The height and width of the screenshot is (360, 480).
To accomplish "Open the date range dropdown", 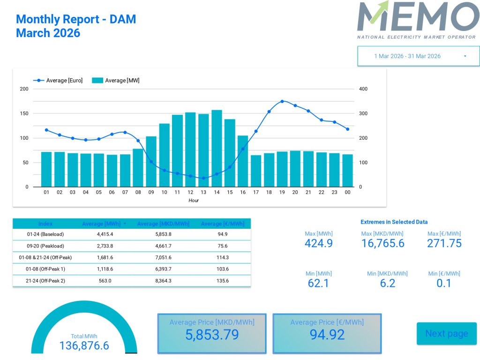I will tap(418, 56).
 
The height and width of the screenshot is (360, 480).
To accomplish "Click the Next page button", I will tap(446, 334).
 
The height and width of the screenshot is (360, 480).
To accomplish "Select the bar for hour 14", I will tap(217, 149).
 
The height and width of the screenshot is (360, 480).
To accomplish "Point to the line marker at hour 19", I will tap(282, 101).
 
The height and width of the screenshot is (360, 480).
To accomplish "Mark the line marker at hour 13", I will tap(203, 178).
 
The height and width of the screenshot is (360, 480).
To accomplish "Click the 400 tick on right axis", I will tap(363, 89).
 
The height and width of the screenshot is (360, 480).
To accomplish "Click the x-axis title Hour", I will tap(194, 201).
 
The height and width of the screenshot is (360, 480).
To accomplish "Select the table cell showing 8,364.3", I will tap(163, 281).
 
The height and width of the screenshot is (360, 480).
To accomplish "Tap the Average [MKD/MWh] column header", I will tap(163, 224).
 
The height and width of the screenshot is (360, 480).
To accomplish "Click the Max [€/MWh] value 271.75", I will tap(444, 243).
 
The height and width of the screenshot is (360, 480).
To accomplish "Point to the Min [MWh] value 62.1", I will tap(318, 283).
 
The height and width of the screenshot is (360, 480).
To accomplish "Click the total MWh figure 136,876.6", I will tap(84, 346).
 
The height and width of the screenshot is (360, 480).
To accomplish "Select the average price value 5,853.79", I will tap(212, 335).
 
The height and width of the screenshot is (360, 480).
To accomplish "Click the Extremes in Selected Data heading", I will tap(394, 222).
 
